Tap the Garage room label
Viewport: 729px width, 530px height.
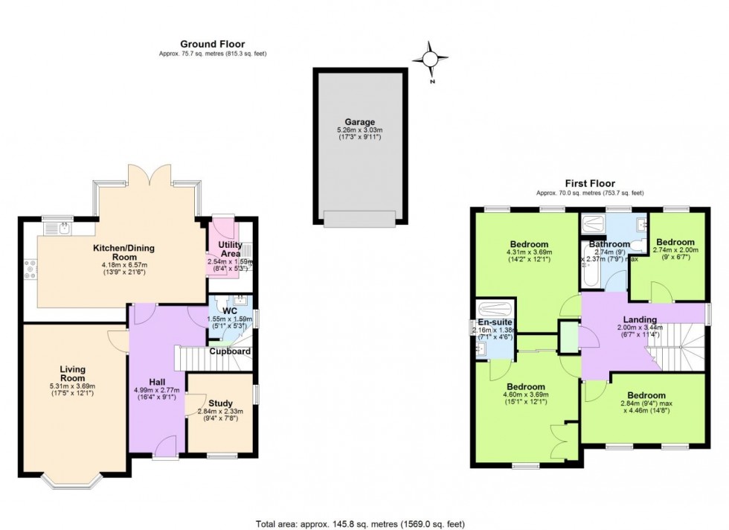pyautogui.click(x=359, y=122)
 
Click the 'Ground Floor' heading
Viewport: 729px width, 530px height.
pyautogui.click(x=212, y=44)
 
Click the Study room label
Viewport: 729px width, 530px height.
pyautogui.click(x=221, y=403)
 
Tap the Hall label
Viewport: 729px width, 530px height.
pyautogui.click(x=157, y=382)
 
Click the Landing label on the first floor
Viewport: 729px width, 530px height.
pyautogui.click(x=639, y=319)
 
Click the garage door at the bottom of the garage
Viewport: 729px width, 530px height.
pyautogui.click(x=359, y=218)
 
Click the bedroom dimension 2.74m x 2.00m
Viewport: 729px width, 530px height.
pyautogui.click(x=675, y=251)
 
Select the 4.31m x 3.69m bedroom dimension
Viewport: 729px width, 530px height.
pyautogui.click(x=529, y=252)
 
